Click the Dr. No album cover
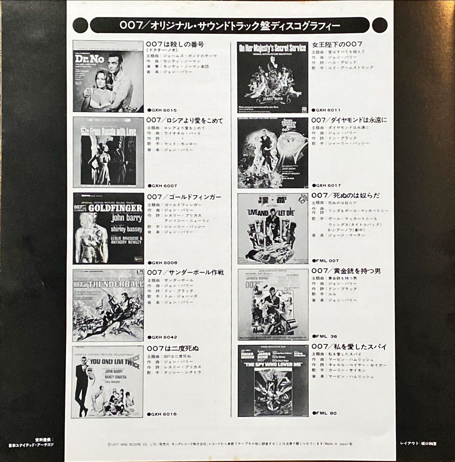click(x=108, y=76)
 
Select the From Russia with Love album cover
click(x=108, y=153)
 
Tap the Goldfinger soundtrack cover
click(x=108, y=228)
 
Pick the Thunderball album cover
click(x=108, y=305)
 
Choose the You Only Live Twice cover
click(x=108, y=382)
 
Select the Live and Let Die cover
click(x=273, y=229)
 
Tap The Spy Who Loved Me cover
click(x=273, y=381)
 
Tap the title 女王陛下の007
click(x=338, y=44)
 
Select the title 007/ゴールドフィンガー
click(x=184, y=197)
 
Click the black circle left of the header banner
click(x=80, y=25)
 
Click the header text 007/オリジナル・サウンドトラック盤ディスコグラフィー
click(x=230, y=25)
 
